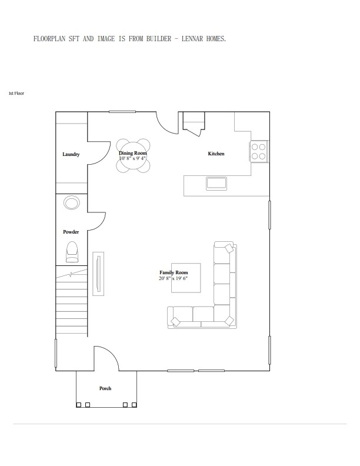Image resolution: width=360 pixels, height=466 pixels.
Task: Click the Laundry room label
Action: (x=71, y=154)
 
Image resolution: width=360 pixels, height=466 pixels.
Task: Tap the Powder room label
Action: (x=71, y=232)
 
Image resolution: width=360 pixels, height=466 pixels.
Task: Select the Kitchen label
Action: (x=216, y=154)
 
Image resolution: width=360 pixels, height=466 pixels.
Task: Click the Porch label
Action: (x=105, y=388)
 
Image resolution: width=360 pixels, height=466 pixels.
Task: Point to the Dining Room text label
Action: (x=133, y=153)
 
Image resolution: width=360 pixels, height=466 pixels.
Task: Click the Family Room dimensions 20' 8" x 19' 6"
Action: (x=173, y=278)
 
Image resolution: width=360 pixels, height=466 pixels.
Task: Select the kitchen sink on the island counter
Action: (x=216, y=182)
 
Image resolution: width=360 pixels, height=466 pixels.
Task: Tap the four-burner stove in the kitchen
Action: (x=259, y=151)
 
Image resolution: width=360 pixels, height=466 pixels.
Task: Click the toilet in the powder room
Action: (x=72, y=251)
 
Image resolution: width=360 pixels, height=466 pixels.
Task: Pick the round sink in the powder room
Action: (x=72, y=203)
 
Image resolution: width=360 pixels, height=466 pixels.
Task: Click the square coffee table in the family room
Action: (x=186, y=278)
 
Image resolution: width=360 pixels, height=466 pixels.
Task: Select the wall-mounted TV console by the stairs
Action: (x=98, y=273)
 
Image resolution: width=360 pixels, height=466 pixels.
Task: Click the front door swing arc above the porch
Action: (x=106, y=358)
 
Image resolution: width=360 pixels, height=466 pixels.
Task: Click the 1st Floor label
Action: (x=16, y=93)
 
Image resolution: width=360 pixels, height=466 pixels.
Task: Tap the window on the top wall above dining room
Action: (x=122, y=112)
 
